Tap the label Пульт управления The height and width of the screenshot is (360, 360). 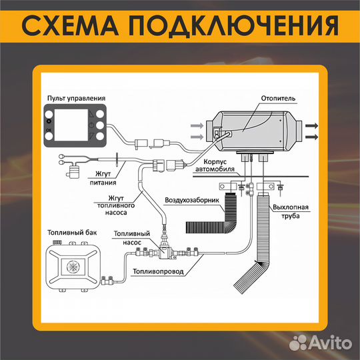click(x=74, y=98)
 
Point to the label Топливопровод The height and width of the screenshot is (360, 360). click(x=158, y=272)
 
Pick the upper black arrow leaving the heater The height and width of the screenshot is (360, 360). click(x=312, y=125)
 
